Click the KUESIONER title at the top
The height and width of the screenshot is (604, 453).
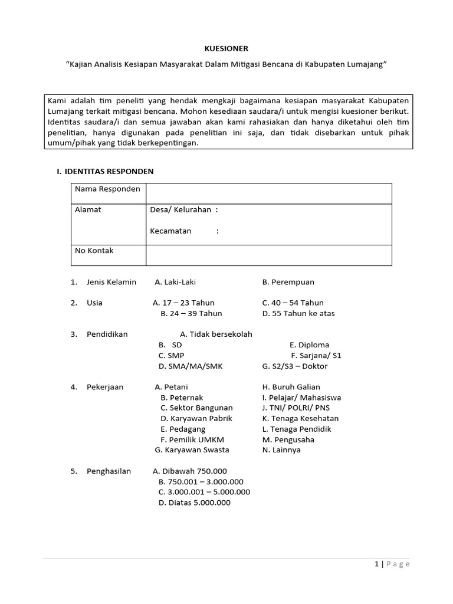226,48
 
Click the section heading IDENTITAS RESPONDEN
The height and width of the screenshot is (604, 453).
104,171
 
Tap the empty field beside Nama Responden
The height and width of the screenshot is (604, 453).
268,193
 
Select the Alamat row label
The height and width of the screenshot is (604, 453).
88,209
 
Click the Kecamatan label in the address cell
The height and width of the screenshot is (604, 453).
170,231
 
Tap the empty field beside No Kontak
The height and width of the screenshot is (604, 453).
268,255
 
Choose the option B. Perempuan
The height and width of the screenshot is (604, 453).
288,282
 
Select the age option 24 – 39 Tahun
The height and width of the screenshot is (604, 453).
191,313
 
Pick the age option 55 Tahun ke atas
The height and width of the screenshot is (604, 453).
298,313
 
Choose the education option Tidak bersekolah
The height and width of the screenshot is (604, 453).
216,334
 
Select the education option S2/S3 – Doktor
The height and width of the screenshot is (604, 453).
294,366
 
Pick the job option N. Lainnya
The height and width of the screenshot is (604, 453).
281,449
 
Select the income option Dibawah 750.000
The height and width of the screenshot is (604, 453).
189,471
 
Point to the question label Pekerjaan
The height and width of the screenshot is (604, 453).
105,387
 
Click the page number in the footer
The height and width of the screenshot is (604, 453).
376,564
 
